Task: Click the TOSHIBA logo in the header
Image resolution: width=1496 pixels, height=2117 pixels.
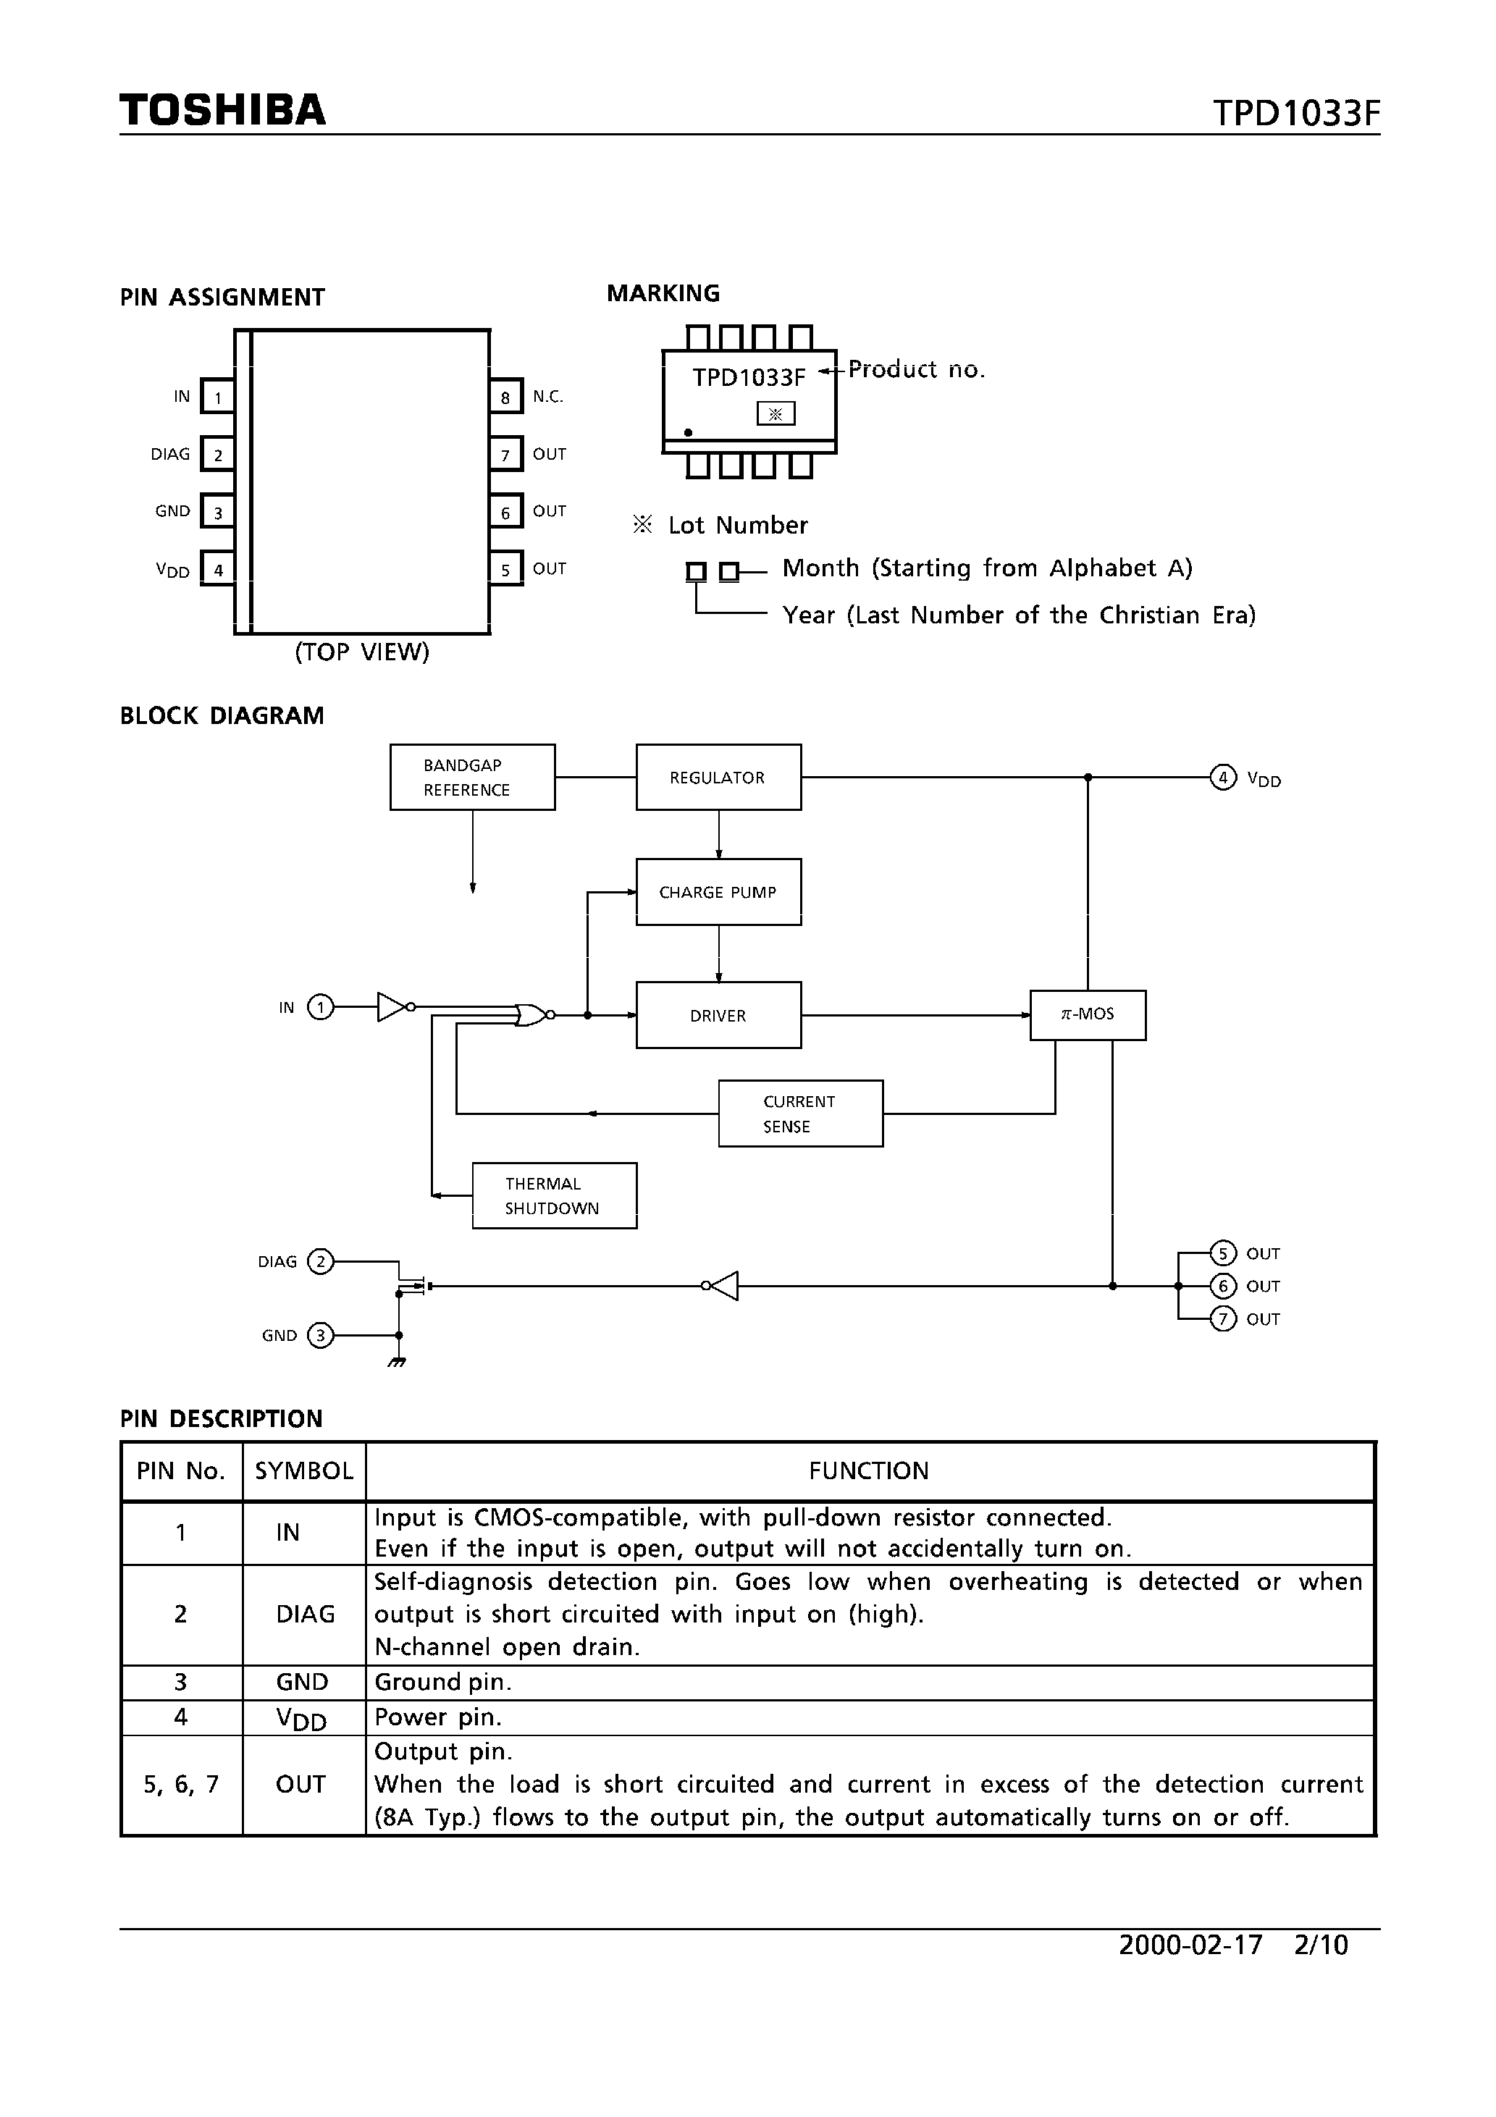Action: (222, 111)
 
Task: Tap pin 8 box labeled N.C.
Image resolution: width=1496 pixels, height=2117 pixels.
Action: (505, 397)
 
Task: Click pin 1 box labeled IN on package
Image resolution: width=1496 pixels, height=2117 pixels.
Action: (218, 397)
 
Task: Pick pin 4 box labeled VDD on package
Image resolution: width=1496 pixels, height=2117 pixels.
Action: (218, 570)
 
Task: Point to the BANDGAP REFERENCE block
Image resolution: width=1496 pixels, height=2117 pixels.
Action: (472, 778)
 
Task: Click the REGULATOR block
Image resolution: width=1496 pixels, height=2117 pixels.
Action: (718, 778)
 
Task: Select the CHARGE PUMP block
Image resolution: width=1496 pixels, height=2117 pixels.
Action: (718, 891)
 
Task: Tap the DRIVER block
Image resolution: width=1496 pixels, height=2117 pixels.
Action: (718, 1015)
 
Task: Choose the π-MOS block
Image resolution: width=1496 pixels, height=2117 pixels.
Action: (1088, 1015)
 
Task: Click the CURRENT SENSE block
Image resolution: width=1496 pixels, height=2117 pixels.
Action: (799, 1114)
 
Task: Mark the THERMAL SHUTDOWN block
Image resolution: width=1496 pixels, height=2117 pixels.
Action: (553, 1196)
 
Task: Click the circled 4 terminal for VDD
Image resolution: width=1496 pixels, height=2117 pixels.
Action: (1222, 778)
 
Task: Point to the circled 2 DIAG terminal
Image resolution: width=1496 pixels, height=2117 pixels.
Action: (320, 1261)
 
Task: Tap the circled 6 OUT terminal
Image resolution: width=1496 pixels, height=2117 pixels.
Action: (1222, 1287)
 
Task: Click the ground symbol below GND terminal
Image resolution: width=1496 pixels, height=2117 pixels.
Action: (398, 1362)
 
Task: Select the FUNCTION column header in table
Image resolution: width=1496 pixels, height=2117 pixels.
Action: (869, 1470)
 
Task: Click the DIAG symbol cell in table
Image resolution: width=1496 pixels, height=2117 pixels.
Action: (304, 1614)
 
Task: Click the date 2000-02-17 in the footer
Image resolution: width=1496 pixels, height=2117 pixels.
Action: (1190, 1945)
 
